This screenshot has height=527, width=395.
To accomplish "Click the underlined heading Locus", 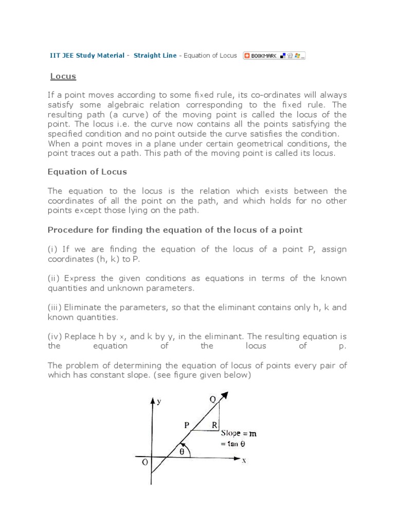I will pos(63,76).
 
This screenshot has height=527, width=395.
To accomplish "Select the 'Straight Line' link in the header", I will pos(155,56).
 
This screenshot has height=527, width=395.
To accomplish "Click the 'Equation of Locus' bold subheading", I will pos(87,171).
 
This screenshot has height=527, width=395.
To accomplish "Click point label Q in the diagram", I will pos(213,399).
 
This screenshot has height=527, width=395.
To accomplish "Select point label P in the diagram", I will pos(187,425).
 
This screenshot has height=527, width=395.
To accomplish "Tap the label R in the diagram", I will pos(214,426).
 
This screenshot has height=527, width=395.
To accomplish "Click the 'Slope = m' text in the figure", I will pos(239,434).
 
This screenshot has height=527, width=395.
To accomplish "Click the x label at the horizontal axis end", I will pos(244,461).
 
